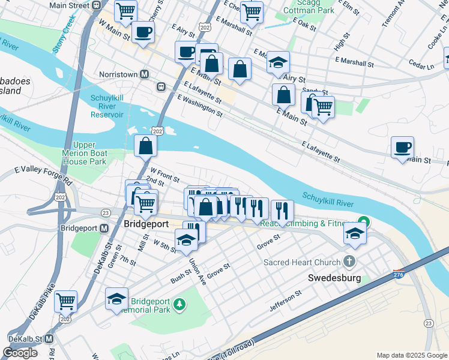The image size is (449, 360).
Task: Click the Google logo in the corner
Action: (20, 352)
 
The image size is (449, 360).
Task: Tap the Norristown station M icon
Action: (144, 74)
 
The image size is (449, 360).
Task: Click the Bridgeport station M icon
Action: (104, 229)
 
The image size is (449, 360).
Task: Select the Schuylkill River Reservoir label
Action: (107, 106)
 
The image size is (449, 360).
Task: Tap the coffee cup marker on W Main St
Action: (143, 32)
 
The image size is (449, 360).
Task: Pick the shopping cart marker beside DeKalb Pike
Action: (65, 301)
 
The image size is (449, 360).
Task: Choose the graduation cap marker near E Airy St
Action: (278, 62)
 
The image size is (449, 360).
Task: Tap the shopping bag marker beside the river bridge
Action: (146, 145)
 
